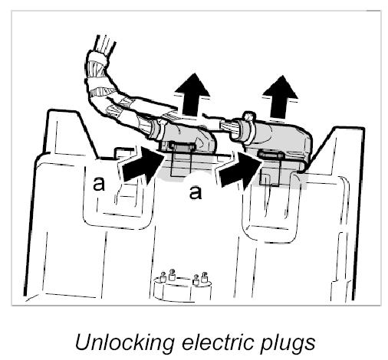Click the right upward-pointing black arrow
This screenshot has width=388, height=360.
click(x=280, y=97)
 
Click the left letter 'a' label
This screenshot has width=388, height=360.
click(x=99, y=183)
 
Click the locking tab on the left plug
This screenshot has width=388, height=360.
click(x=181, y=146)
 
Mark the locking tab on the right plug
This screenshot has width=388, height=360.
click(x=271, y=154)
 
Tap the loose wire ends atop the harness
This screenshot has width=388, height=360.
click(x=105, y=44)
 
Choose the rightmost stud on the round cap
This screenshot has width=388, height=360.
click(x=204, y=277)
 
